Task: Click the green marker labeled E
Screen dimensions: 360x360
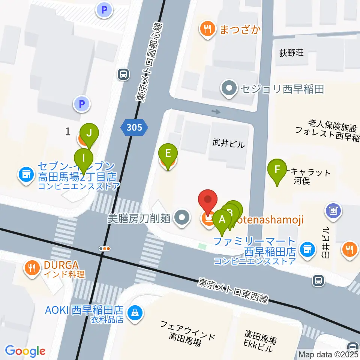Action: tap(168, 153)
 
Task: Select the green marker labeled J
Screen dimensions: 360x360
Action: tap(89, 133)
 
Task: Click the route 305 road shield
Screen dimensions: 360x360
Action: tap(134, 128)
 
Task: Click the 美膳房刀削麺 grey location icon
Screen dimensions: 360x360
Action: tap(182, 217)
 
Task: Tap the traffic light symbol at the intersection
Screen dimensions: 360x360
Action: tap(105, 248)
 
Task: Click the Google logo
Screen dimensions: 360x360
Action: tap(25, 351)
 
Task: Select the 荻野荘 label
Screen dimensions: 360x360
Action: tap(291, 53)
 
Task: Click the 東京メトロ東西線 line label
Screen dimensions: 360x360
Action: tap(233, 290)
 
